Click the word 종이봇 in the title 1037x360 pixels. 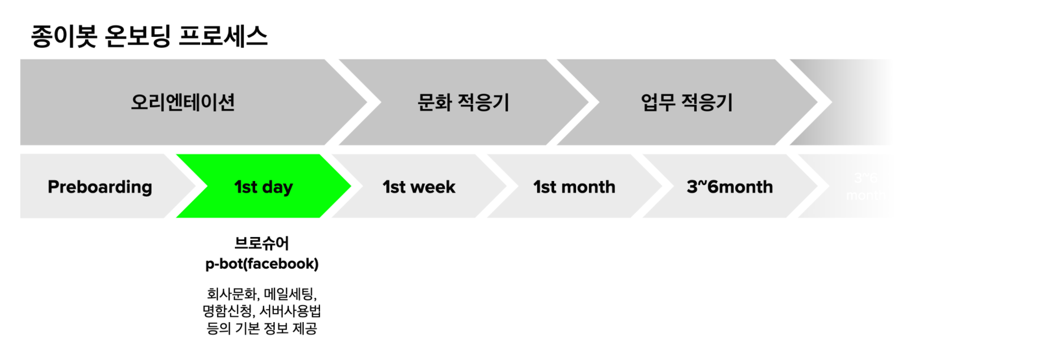click(64, 36)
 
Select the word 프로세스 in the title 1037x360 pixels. click(223, 36)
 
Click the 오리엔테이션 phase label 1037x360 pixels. click(183, 102)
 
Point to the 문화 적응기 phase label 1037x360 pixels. click(464, 102)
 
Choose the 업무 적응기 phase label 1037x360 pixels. click(686, 102)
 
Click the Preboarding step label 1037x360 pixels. click(100, 187)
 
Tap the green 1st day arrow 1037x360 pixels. click(263, 187)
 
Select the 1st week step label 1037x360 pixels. click(419, 187)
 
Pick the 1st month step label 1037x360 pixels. click(574, 187)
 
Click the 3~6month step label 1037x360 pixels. click(730, 187)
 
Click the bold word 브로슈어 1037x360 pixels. click(262, 243)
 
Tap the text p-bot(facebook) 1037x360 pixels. click(262, 264)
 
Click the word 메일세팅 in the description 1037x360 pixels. click(289, 294)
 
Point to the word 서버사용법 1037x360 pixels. click(290, 311)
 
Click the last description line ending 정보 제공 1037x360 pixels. click(262, 328)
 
